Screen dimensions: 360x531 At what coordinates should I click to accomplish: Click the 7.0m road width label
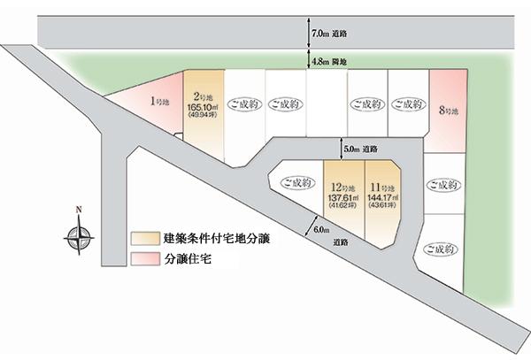pyautogui.click(x=328, y=34)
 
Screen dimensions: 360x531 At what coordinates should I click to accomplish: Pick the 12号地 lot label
pyautogui.click(x=342, y=188)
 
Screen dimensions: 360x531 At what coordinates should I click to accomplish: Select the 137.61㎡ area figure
pyautogui.click(x=342, y=198)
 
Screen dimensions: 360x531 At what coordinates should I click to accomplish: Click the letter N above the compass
pyautogui.click(x=79, y=210)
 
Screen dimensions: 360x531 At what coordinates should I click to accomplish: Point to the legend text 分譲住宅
pyautogui.click(x=186, y=260)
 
